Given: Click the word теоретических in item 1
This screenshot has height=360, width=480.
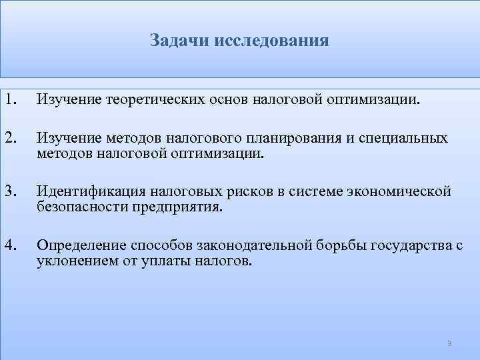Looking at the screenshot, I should [x=148, y=100].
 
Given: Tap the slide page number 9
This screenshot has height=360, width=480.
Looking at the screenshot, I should [x=449, y=343].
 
